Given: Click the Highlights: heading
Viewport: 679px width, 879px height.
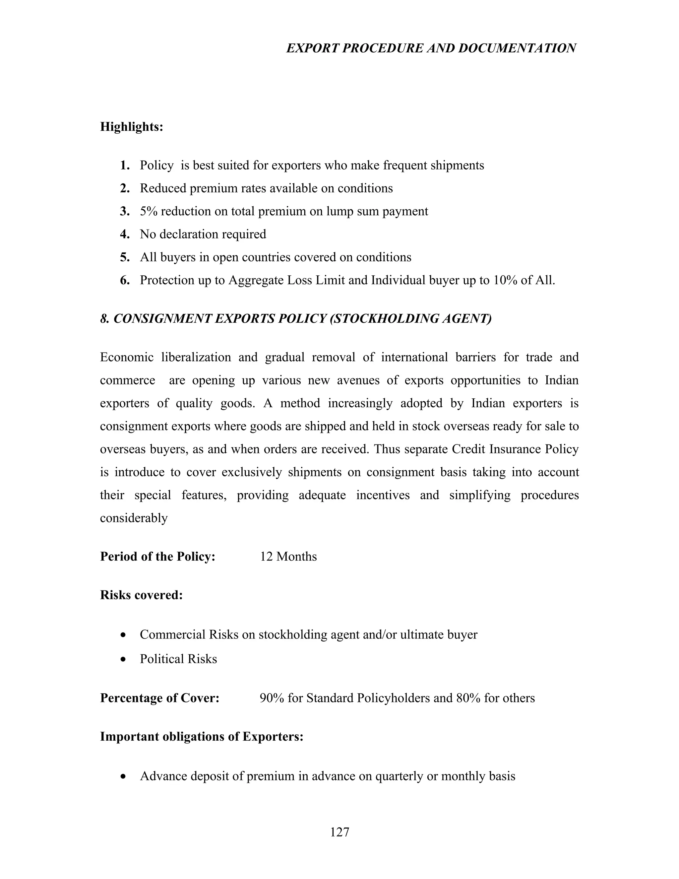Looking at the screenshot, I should tap(132, 127).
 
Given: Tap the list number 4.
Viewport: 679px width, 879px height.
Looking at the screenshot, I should tap(124, 234).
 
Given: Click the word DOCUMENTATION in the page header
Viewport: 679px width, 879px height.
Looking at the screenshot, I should tap(517, 48).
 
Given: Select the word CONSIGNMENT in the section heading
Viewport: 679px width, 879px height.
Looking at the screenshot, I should tap(162, 319).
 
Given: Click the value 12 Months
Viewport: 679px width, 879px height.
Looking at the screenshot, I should tap(288, 557).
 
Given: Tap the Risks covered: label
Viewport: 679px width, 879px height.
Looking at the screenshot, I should tap(141, 595).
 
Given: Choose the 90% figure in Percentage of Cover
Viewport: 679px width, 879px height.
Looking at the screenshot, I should tap(272, 698).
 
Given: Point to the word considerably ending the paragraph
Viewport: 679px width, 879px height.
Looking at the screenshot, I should tap(134, 518).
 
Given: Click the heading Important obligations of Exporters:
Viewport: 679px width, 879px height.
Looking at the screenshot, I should tap(202, 736).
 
